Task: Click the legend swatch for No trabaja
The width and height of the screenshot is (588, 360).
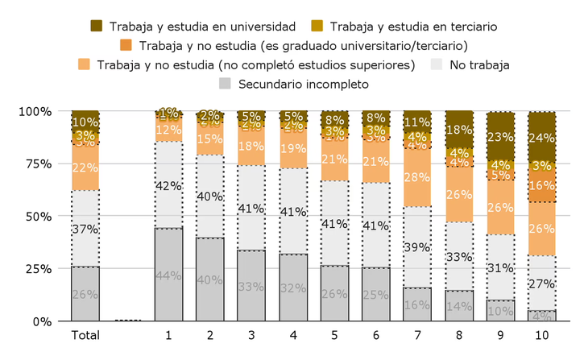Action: (x=438, y=64)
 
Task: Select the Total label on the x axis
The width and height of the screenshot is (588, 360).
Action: (x=85, y=333)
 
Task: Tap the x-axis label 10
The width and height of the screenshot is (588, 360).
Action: (x=541, y=333)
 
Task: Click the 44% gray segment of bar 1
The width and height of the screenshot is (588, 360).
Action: (x=168, y=275)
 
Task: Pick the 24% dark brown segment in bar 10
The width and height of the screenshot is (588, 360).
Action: (x=541, y=136)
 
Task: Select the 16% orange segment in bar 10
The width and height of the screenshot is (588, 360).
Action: (x=541, y=185)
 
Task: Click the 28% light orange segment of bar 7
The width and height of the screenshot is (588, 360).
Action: (x=416, y=177)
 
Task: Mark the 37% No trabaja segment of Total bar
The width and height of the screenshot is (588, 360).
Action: (x=85, y=229)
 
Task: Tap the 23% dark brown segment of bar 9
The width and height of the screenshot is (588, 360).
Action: (x=499, y=135)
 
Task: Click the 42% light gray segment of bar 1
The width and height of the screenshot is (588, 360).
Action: (x=168, y=185)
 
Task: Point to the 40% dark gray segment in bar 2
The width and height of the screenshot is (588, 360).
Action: (x=209, y=279)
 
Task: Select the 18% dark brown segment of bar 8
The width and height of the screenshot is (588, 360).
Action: (x=458, y=130)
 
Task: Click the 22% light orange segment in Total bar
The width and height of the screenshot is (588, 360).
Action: (x=85, y=168)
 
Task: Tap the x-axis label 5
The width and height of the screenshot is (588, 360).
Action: (x=333, y=333)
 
